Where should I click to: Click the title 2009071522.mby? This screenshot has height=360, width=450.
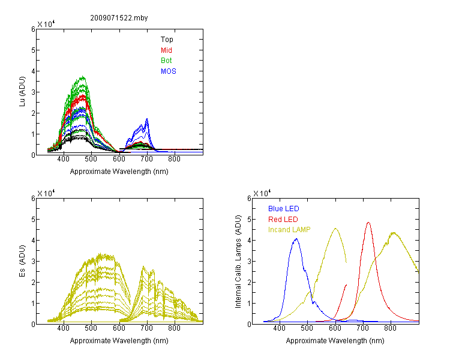tap(119, 18)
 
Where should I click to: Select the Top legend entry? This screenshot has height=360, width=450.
tap(167, 40)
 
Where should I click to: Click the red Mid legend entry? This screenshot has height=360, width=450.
tap(166, 50)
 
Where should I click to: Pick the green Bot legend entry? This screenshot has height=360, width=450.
tap(166, 61)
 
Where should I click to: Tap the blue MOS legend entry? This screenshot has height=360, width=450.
tap(169, 71)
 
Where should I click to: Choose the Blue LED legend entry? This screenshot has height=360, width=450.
tap(284, 209)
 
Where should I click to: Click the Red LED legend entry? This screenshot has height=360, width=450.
tap(283, 220)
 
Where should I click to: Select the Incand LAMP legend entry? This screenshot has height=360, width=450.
tap(289, 230)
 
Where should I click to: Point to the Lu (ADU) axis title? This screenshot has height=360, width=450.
tap(22, 92)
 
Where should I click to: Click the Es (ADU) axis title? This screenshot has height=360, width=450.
tap(22, 261)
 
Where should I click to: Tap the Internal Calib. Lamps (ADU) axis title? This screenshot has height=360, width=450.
tap(238, 262)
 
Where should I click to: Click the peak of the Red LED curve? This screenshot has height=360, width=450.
tap(368, 222)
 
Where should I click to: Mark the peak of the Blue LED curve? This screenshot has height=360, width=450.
tap(296, 239)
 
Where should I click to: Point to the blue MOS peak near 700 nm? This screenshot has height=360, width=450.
tap(147, 119)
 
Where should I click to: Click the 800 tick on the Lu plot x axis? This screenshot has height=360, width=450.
tap(174, 159)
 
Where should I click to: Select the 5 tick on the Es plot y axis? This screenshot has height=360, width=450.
tap(33, 220)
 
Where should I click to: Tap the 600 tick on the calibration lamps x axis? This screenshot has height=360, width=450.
tap(335, 328)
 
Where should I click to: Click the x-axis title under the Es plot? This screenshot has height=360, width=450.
tap(119, 341)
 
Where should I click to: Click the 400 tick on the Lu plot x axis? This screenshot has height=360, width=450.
tap(64, 159)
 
